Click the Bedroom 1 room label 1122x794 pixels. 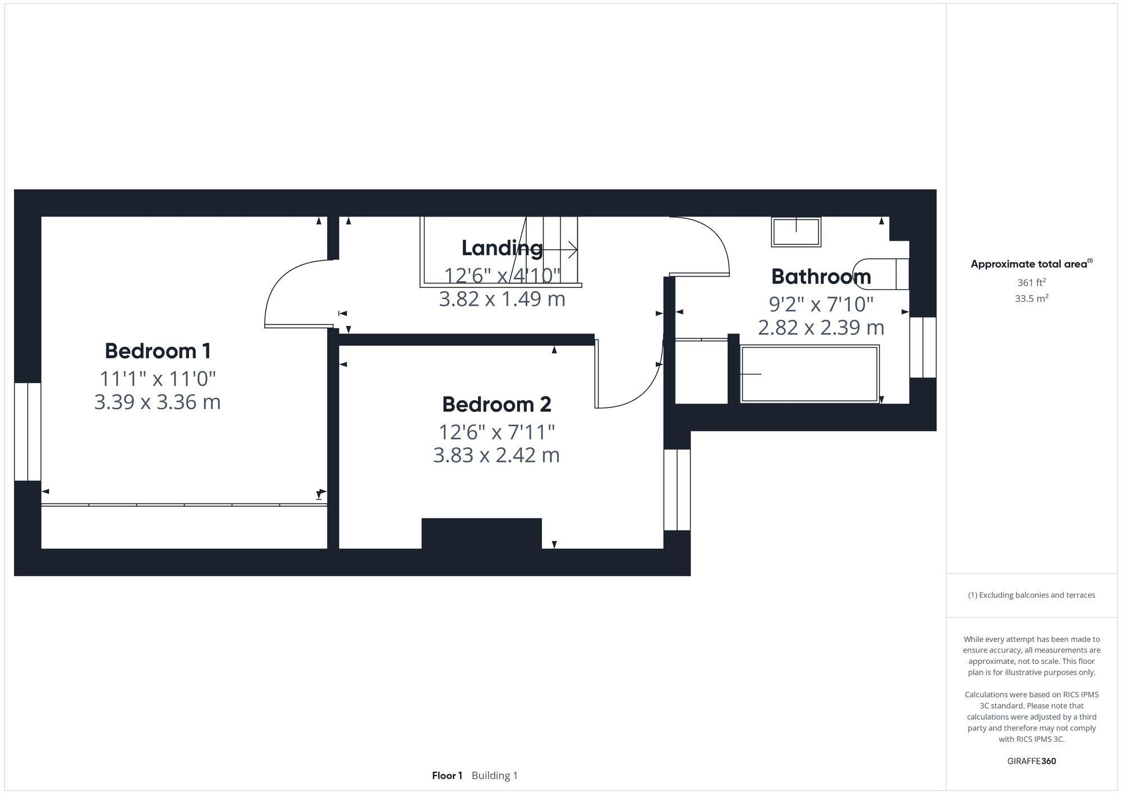click(158, 351)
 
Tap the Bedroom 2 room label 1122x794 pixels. click(496, 405)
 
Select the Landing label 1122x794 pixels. click(502, 248)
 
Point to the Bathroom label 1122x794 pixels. click(821, 277)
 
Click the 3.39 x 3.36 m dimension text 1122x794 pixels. click(158, 402)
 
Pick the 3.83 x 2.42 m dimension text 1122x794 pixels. click(496, 455)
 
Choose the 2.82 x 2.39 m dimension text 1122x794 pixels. click(821, 327)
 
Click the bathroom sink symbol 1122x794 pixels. click(796, 232)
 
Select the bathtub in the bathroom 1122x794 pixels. click(810, 374)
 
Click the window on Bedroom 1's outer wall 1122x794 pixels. click(27, 432)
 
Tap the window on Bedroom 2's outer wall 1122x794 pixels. click(677, 489)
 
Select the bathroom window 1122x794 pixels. click(923, 347)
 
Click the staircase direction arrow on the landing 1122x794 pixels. click(561, 250)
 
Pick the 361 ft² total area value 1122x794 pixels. click(1031, 283)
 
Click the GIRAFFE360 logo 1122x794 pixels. click(1031, 761)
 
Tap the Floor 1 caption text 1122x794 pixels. click(447, 775)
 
